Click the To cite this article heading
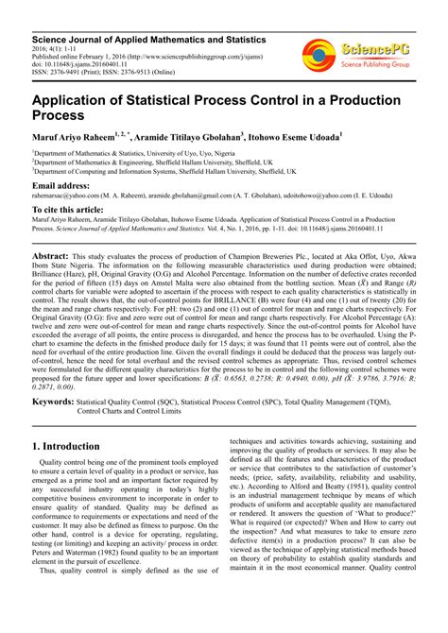(x=78, y=210)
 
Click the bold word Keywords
(x=53, y=402)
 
